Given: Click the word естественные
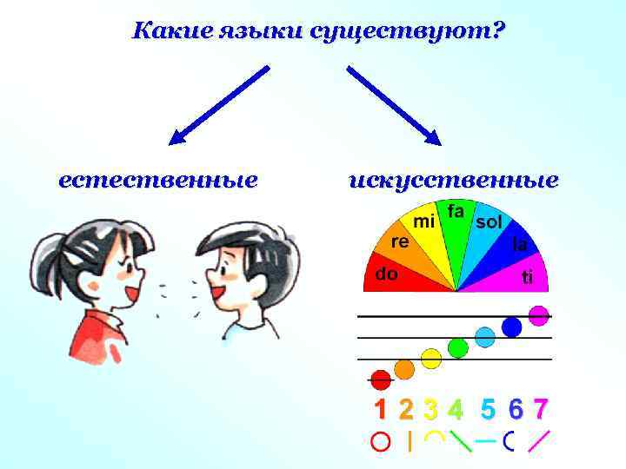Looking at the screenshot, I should click(x=157, y=181).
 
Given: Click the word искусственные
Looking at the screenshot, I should click(x=453, y=181).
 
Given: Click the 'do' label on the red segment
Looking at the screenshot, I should click(x=386, y=274).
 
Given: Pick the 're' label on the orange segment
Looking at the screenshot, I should click(x=400, y=241).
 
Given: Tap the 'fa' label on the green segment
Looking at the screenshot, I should click(x=456, y=211).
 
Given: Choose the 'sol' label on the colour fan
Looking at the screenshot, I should click(x=489, y=222).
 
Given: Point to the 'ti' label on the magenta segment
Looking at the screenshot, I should click(x=526, y=278).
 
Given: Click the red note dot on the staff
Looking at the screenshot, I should click(x=380, y=379).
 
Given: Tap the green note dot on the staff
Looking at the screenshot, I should click(x=457, y=347).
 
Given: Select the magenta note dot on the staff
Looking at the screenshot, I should click(x=539, y=314).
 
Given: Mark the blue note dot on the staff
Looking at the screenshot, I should click(x=512, y=327).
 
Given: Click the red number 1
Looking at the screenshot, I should click(x=380, y=408).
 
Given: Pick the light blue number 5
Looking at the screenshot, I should click(x=488, y=407).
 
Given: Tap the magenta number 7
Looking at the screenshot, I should click(x=541, y=407).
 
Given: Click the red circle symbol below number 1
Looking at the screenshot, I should click(x=380, y=441).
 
